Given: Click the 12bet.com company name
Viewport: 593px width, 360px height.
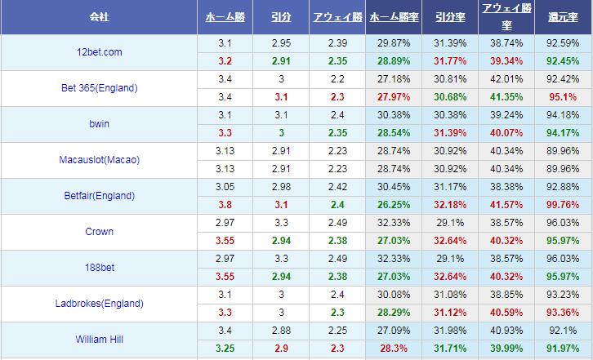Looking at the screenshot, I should click(x=99, y=52).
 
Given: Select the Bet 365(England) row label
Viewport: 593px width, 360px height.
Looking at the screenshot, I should click(x=99, y=88).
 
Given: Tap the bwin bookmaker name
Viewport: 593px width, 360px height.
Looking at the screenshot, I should click(x=99, y=124).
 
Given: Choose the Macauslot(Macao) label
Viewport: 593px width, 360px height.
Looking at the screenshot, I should click(x=99, y=160).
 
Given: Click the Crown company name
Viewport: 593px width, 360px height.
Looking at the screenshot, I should click(x=99, y=232).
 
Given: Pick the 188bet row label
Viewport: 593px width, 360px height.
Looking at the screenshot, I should click(x=99, y=268).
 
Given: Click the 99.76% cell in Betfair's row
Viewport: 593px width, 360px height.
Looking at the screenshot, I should click(x=564, y=205).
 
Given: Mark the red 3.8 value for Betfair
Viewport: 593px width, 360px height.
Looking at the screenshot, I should click(x=225, y=205).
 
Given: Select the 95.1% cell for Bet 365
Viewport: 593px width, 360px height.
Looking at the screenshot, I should click(x=564, y=97).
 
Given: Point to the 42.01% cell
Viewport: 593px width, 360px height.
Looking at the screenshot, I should click(x=506, y=79).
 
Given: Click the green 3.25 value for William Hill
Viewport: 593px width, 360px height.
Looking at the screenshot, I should click(x=225, y=349).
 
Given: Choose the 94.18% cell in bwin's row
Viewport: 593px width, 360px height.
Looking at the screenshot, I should click(x=564, y=115).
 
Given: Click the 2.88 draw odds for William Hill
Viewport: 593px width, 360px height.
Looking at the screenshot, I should click(x=281, y=331).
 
